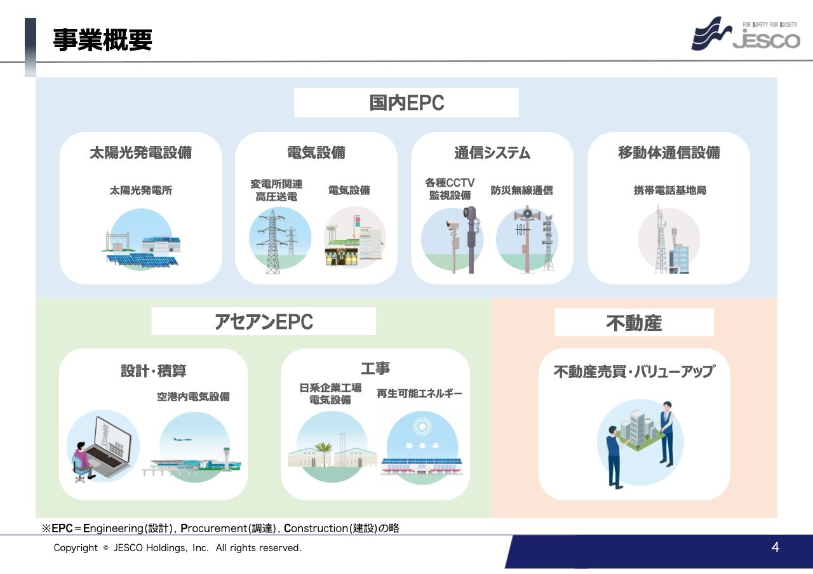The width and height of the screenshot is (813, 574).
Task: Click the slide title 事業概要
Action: click(x=103, y=39)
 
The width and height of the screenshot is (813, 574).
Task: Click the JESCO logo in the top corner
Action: click(x=746, y=34)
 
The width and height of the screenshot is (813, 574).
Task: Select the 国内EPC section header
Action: click(x=406, y=102)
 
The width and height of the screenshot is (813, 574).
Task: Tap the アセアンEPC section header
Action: click(x=264, y=321)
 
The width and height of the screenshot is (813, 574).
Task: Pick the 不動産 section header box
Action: click(x=634, y=323)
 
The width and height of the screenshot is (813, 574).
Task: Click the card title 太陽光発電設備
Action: click(x=141, y=152)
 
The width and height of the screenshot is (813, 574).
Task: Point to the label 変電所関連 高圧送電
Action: click(x=276, y=190)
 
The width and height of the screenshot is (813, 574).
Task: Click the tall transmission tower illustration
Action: click(x=272, y=242)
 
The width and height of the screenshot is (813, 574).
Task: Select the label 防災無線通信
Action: click(x=521, y=190)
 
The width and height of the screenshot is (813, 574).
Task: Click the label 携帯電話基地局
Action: click(x=670, y=190)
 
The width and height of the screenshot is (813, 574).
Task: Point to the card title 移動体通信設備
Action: click(x=669, y=152)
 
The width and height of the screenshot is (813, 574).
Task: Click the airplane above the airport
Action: click(x=182, y=439)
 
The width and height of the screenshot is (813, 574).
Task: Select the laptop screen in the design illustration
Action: click(x=112, y=438)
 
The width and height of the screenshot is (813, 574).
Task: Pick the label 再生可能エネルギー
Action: click(x=419, y=394)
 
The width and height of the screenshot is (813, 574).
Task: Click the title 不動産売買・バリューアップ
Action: click(x=634, y=371)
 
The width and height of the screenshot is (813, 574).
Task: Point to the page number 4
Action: click(x=776, y=547)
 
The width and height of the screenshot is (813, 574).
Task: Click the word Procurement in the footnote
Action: click(x=213, y=528)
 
